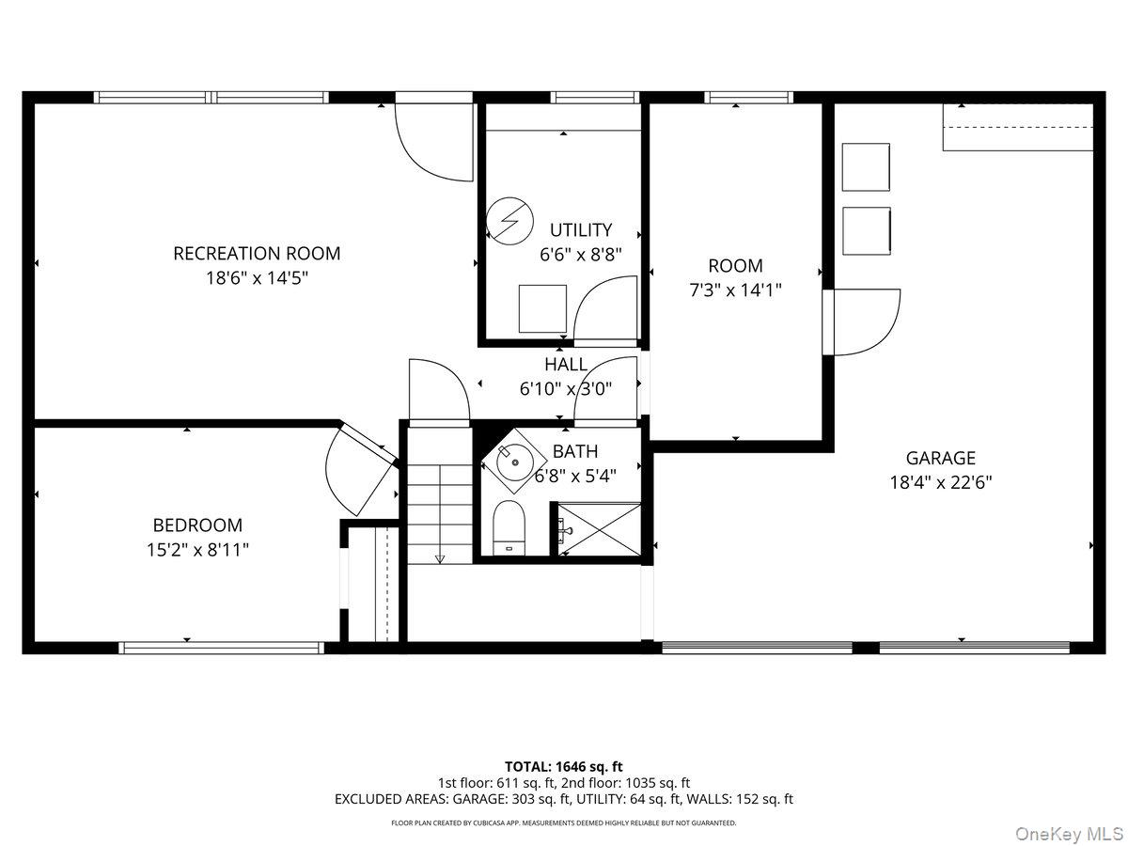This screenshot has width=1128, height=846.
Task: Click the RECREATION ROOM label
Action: coord(257,253)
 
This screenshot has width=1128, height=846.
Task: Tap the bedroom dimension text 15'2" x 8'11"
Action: coord(197,550)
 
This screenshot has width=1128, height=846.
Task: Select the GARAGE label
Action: coord(940,458)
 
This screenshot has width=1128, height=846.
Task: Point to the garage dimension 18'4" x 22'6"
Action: coord(940,482)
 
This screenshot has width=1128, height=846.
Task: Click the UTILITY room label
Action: coord(581,229)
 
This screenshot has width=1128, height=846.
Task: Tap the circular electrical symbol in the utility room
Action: coord(509,221)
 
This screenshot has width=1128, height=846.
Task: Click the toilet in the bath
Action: coord(509,527)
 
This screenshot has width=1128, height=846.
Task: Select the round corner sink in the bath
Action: coord(514,462)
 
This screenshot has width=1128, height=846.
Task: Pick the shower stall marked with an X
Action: coord(599,529)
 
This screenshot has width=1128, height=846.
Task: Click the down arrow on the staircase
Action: coord(440,559)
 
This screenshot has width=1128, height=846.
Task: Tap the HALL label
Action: coord(566,364)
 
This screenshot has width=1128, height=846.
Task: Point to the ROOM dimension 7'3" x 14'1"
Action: coord(735,290)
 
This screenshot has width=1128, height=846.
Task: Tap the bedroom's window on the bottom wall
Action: coord(222,648)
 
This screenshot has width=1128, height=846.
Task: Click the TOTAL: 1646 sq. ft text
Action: coord(564,767)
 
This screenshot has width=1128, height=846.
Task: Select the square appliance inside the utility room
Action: coord(542,308)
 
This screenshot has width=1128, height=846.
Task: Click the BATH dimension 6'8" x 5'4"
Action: coord(575,477)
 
